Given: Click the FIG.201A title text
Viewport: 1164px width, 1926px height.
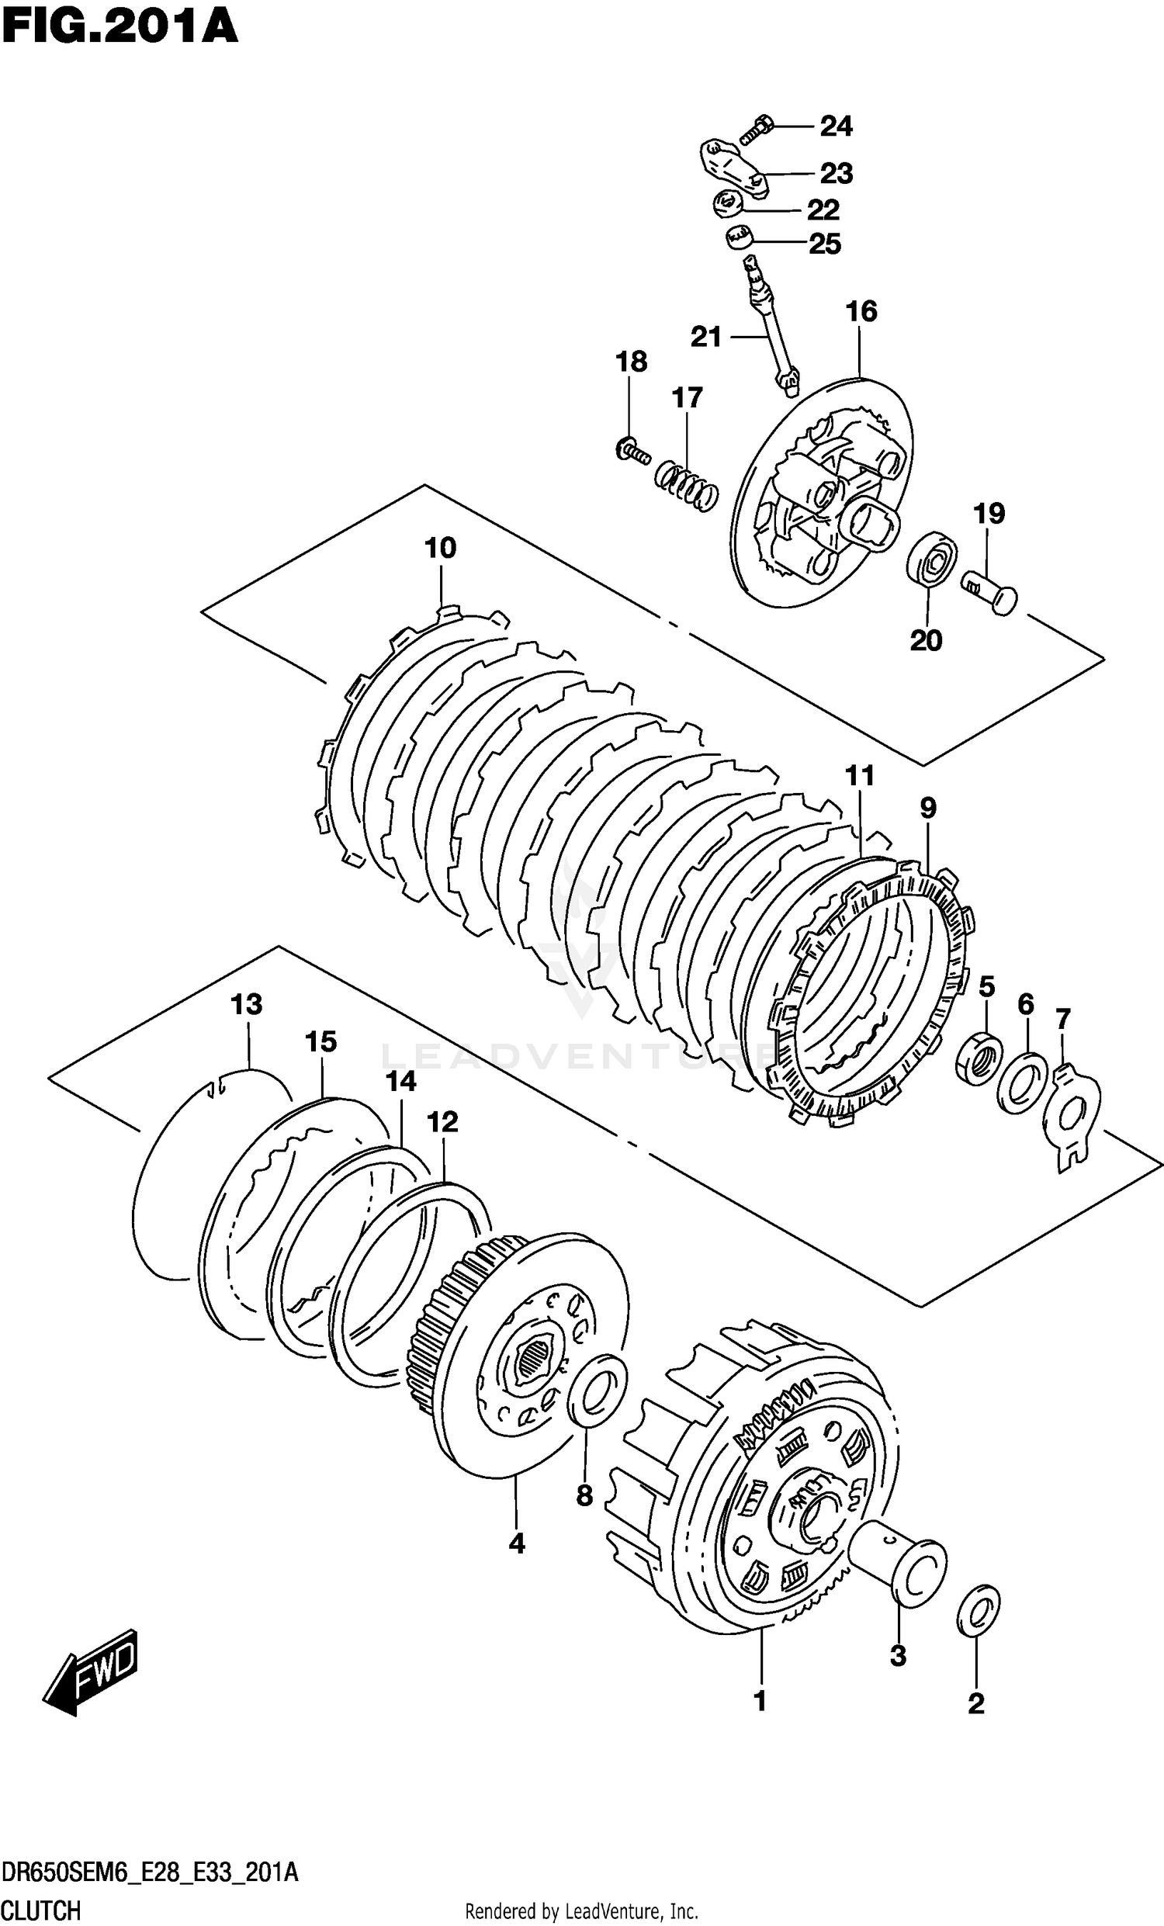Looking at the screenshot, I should pos(120,27).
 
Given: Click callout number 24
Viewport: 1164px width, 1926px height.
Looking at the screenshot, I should pos(836,126).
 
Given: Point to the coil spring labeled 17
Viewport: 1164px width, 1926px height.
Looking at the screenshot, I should pos(686,486).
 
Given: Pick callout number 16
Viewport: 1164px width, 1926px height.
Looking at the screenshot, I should pos(861,311).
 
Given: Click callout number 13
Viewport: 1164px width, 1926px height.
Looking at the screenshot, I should pos(246,1004).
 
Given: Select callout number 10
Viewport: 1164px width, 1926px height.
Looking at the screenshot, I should pos(440,548).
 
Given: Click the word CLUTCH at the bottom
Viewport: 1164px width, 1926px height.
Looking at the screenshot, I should pos(40,1910).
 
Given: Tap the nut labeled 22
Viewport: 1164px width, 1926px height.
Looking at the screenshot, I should pos(729,205).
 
